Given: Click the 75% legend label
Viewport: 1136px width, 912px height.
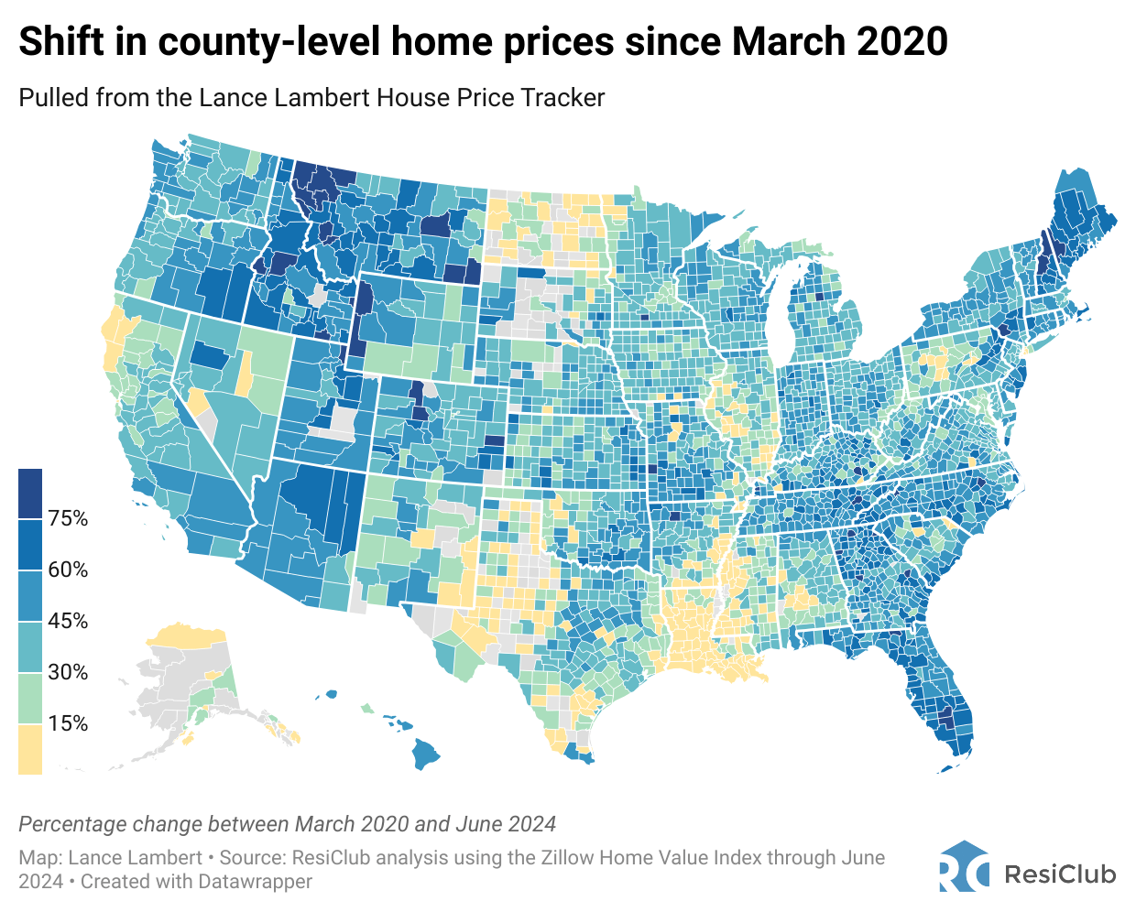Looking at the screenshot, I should click(68, 519).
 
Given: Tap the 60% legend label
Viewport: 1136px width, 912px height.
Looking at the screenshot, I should click(68, 570).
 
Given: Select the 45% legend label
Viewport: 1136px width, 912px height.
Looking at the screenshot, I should click(68, 622).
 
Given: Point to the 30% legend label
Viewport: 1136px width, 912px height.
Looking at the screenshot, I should click(68, 673).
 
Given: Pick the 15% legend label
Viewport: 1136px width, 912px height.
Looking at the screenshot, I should click(68, 724).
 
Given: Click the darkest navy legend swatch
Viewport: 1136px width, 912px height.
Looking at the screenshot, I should click(30, 494).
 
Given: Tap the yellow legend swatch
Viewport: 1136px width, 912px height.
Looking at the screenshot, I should click(30, 749).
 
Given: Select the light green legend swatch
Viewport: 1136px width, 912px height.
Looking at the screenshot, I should click(30, 699).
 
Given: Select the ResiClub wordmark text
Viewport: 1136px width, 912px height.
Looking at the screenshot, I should click(1060, 874).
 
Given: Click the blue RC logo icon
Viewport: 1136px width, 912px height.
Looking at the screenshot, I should click(964, 866).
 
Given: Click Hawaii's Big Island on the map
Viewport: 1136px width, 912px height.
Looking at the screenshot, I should click(424, 755).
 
